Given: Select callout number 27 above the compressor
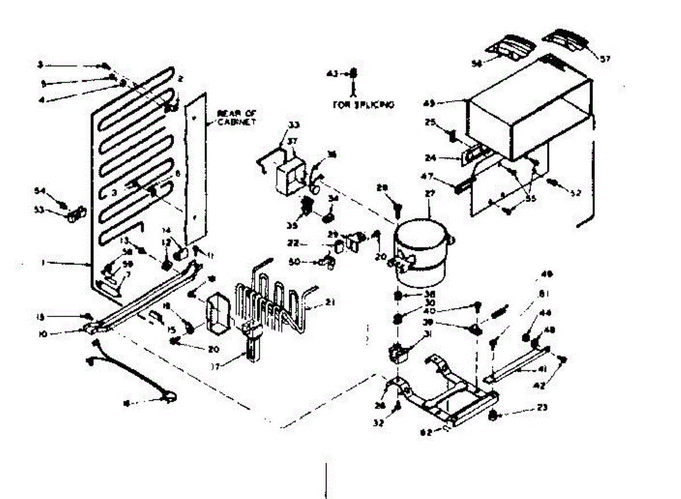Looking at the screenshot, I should (429, 193).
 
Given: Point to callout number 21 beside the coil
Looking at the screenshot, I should (329, 302).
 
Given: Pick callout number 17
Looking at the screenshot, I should (215, 366).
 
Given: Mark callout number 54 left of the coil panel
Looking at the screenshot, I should (40, 191).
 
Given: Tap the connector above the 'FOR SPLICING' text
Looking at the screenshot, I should (354, 73).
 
